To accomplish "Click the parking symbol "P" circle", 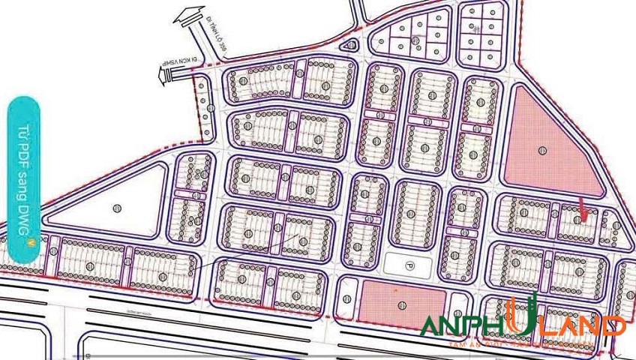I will [409, 265].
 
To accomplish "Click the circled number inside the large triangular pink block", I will [542, 151].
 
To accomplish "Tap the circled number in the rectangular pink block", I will [403, 304].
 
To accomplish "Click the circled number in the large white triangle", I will [116, 208].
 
